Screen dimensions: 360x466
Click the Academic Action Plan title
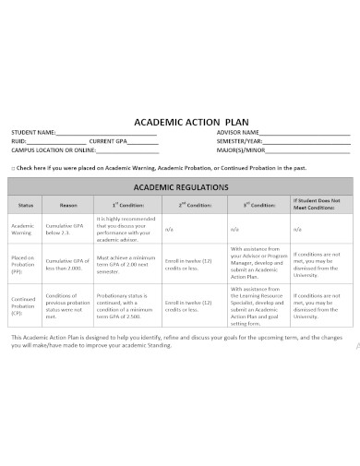[180, 118]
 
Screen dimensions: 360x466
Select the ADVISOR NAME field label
[238, 133]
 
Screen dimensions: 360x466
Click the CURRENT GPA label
[109, 141]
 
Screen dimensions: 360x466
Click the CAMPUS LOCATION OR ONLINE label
[54, 149]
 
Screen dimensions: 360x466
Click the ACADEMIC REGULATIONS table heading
[180, 185]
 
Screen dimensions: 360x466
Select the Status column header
[26, 204]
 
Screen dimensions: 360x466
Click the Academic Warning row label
[22, 229]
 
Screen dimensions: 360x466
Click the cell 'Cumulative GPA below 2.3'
[67, 229]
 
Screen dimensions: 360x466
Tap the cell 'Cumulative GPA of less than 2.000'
[67, 264]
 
